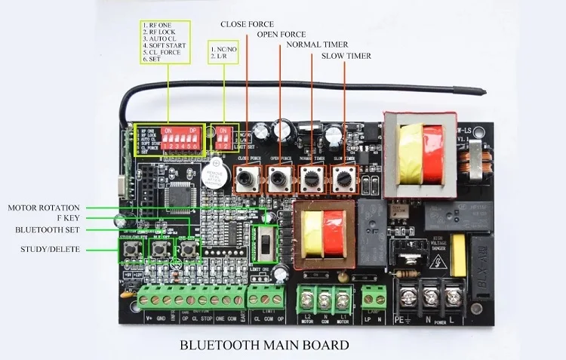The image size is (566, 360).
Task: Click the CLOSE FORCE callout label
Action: tap(247, 24)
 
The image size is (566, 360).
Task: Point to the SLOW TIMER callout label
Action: tap(346, 56)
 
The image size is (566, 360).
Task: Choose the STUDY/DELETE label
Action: tap(50, 249)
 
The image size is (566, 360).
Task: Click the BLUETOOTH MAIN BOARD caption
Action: tap(263, 346)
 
